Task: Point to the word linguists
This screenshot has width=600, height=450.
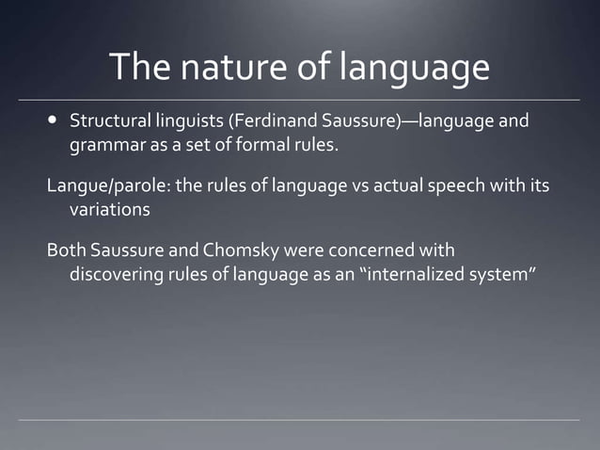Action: pyautogui.click(x=181, y=122)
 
